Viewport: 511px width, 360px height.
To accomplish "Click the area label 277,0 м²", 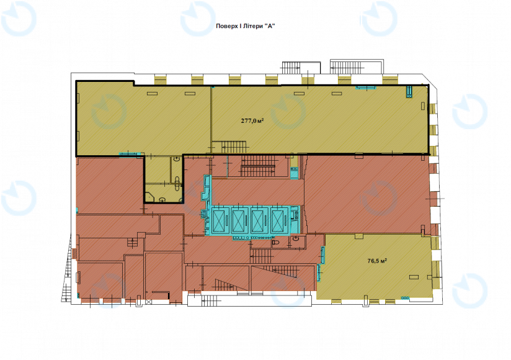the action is (x=252, y=120).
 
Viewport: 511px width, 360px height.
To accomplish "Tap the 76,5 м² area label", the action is (x=377, y=261).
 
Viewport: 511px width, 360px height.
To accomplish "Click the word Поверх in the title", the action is (x=226, y=26).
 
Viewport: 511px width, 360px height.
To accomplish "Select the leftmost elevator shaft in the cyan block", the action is (x=221, y=220).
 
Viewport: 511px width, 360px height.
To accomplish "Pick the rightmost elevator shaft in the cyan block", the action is (x=280, y=220).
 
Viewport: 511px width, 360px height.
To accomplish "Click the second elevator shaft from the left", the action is (x=240, y=220).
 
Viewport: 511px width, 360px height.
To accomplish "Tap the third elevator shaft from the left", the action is (x=260, y=220).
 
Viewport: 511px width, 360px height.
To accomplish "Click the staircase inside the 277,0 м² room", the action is (x=233, y=146).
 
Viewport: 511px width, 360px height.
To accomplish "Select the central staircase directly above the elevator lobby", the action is (x=259, y=166).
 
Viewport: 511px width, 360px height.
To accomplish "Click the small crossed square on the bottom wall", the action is (x=149, y=302).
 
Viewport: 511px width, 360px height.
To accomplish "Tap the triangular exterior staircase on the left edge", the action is (x=68, y=268).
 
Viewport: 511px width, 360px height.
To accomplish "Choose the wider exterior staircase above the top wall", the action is (x=348, y=68).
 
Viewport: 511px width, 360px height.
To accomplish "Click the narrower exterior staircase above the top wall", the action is (x=290, y=68).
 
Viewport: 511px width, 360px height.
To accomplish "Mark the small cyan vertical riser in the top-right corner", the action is (x=409, y=92).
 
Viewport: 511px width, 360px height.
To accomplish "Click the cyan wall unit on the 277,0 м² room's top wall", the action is (x=366, y=88).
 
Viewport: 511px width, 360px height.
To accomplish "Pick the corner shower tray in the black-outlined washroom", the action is (x=150, y=197).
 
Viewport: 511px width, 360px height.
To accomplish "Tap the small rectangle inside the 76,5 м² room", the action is (x=414, y=277).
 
